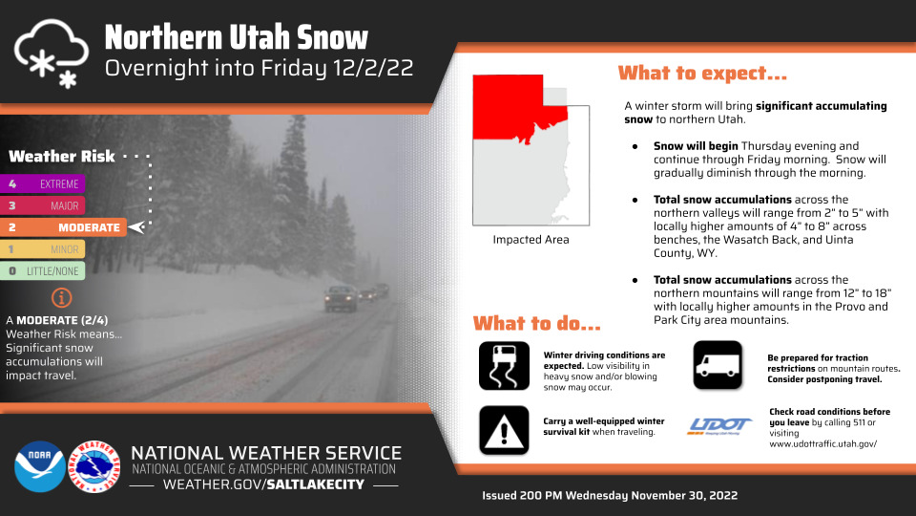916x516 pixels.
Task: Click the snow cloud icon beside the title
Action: point(52,54)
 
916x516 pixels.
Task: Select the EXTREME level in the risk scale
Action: point(43,183)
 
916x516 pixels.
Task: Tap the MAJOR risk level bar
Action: point(43,205)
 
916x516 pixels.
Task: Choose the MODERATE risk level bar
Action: point(63,227)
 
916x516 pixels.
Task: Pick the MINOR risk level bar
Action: point(43,249)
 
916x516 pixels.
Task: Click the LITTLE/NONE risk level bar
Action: point(43,270)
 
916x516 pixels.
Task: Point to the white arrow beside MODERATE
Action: point(136,227)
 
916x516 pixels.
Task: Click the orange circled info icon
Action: point(61,298)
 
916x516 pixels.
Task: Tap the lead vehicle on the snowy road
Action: point(342,298)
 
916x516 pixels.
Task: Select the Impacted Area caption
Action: point(531,239)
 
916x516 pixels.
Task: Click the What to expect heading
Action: point(702,74)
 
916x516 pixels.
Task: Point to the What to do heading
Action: point(537,324)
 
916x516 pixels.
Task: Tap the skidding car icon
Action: point(504,366)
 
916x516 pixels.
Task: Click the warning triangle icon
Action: point(504,430)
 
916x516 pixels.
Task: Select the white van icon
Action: point(718,365)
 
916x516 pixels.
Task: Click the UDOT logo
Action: point(719,425)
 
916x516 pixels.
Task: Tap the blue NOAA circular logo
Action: point(40,466)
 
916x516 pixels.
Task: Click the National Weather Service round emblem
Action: point(94,466)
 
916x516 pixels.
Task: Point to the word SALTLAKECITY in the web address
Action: point(316,484)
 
